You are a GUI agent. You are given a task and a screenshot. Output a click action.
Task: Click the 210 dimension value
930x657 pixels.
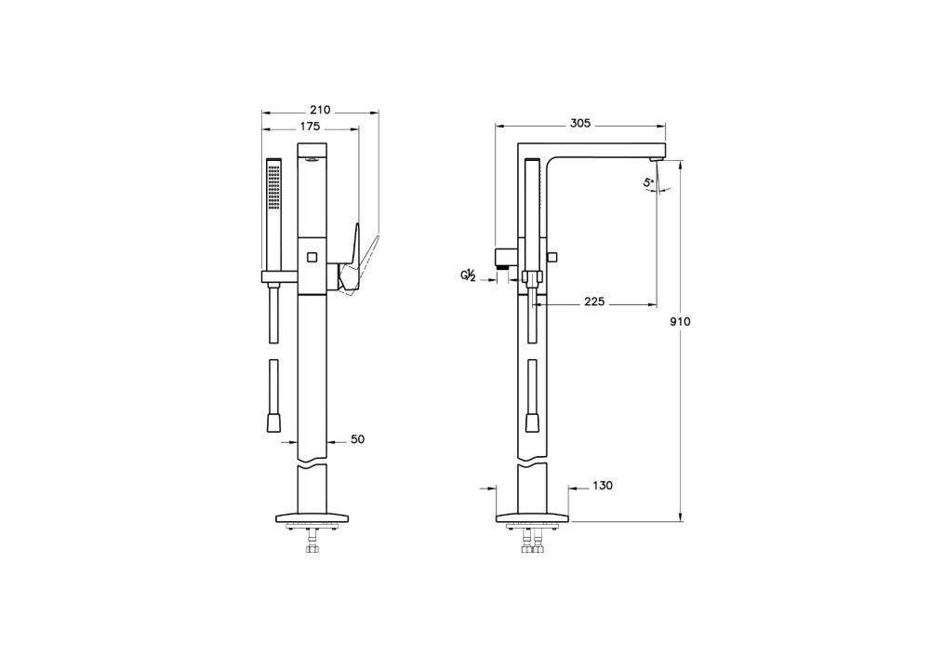tap(320, 110)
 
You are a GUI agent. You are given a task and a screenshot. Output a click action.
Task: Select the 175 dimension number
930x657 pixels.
tap(310, 127)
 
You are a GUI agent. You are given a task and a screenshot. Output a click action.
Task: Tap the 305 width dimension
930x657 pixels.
tap(580, 124)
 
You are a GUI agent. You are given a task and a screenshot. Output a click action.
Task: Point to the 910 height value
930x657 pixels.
tap(681, 322)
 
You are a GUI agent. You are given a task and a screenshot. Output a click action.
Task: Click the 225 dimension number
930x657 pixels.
tap(594, 302)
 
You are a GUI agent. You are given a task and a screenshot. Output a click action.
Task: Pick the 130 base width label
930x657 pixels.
tap(603, 486)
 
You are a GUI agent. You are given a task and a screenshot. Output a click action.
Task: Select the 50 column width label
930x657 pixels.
tap(358, 439)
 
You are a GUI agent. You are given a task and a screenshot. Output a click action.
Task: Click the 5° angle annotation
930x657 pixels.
tap(649, 182)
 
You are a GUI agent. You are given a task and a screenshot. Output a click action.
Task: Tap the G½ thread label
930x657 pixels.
tap(469, 275)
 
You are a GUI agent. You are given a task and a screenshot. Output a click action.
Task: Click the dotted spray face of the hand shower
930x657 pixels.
tap(273, 187)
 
